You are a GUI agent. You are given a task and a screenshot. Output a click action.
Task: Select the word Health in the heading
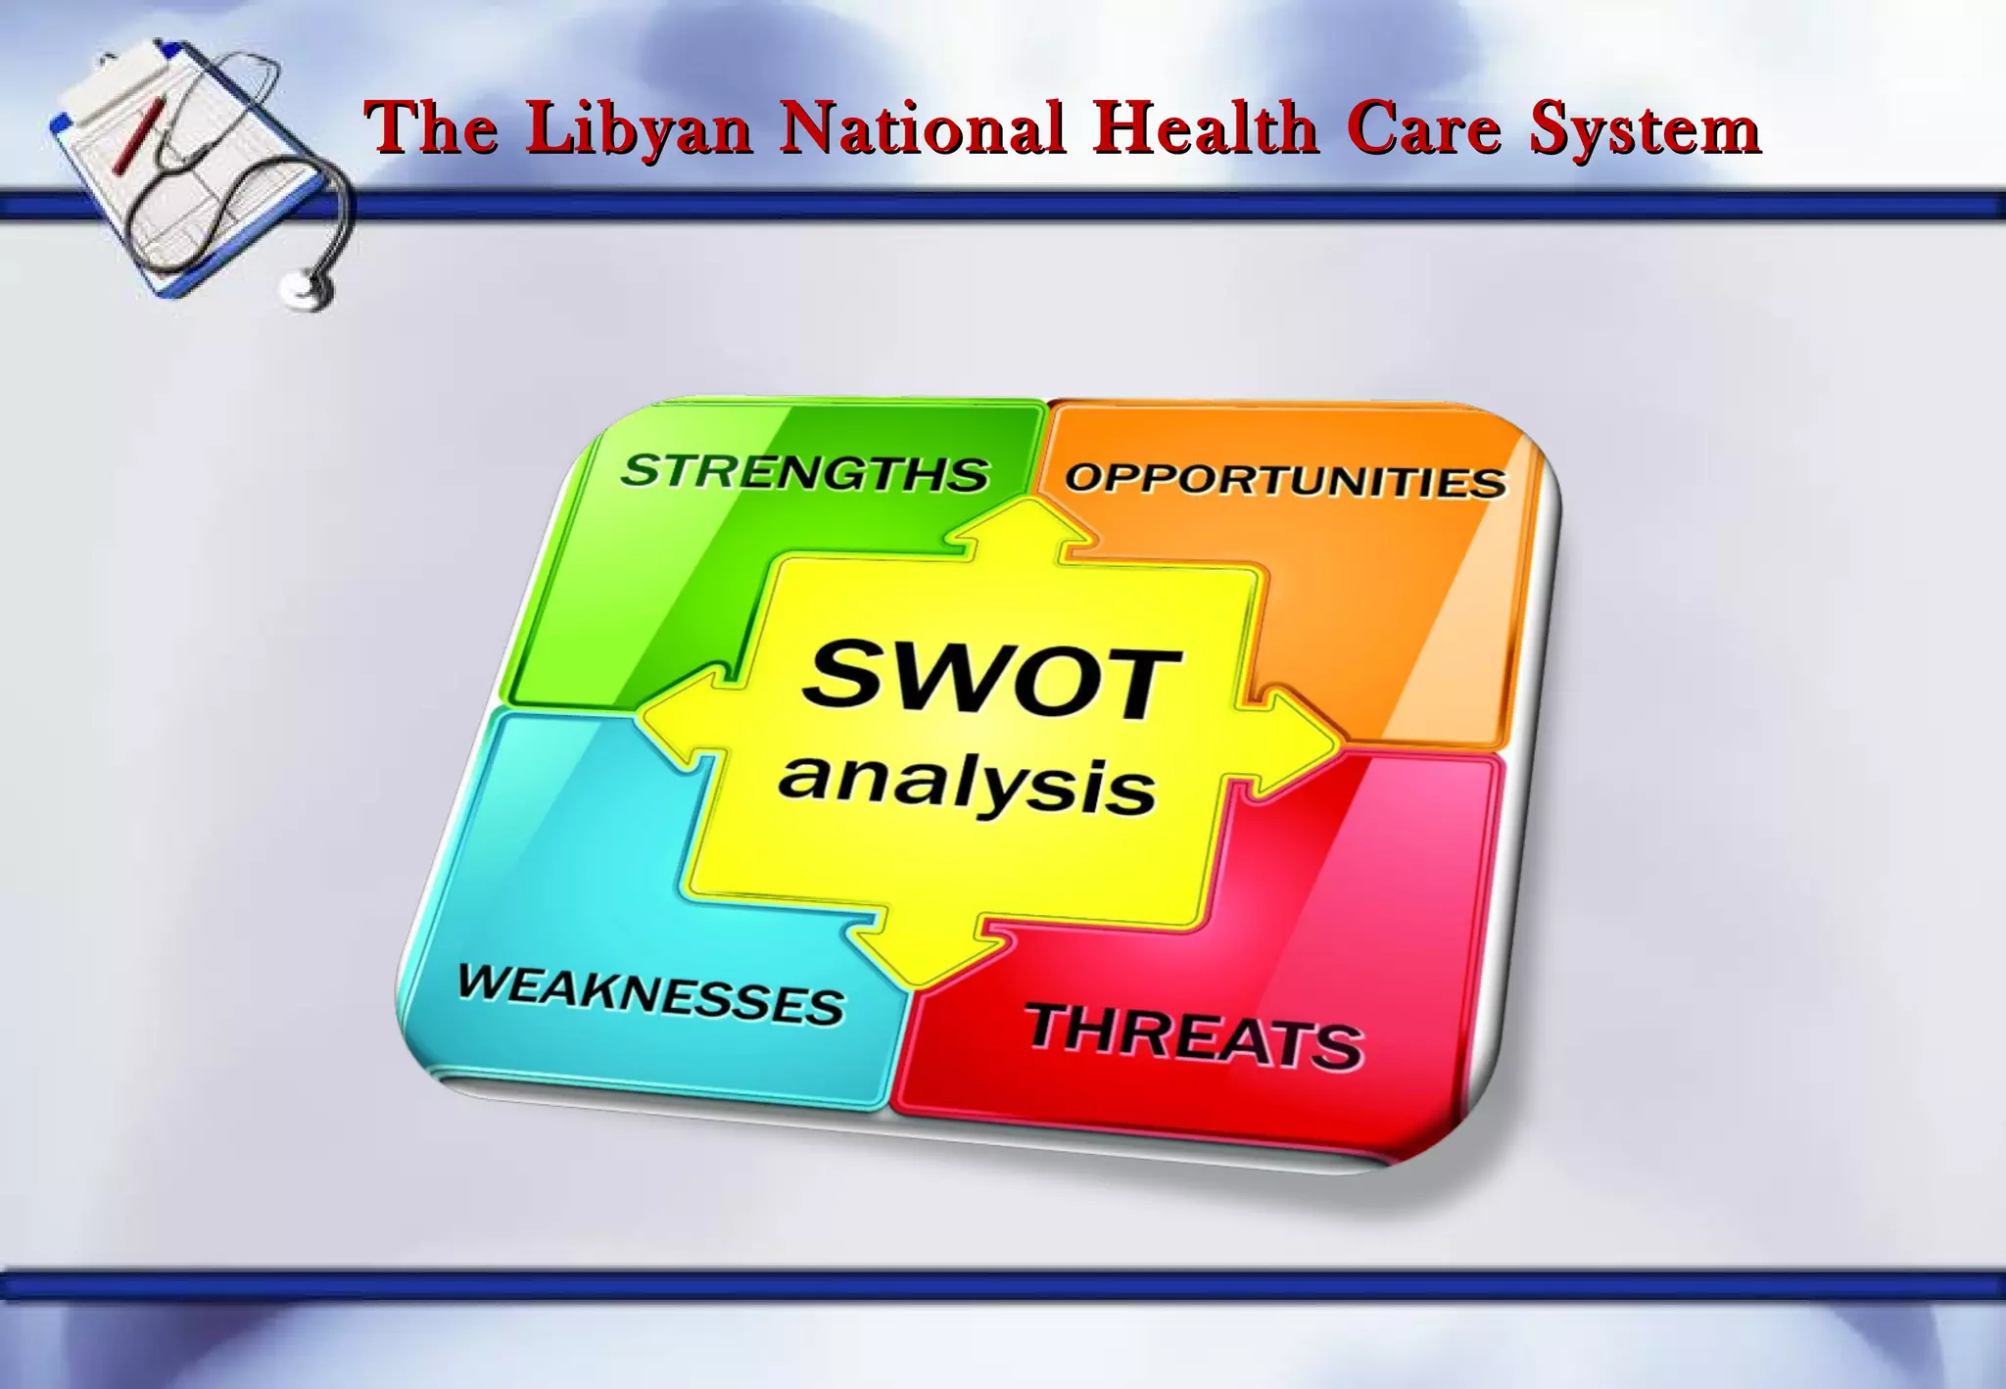pyautogui.click(x=1206, y=128)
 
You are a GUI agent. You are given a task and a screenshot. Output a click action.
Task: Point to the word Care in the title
pyautogui.click(x=1423, y=128)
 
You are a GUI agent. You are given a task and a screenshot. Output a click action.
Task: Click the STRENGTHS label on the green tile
pyautogui.click(x=805, y=472)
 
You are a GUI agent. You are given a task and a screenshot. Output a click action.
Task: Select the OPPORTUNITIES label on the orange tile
pyautogui.click(x=1285, y=480)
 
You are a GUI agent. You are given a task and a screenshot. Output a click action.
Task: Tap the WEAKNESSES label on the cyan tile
pyautogui.click(x=650, y=994)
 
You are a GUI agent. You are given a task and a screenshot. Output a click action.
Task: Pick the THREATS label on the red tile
pyautogui.click(x=1194, y=1036)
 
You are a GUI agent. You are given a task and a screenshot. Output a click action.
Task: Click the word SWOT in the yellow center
pyautogui.click(x=991, y=679)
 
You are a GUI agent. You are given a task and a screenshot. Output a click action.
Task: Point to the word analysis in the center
pyautogui.click(x=968, y=784)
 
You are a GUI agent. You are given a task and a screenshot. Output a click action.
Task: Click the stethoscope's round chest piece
pyautogui.click(x=307, y=289)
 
